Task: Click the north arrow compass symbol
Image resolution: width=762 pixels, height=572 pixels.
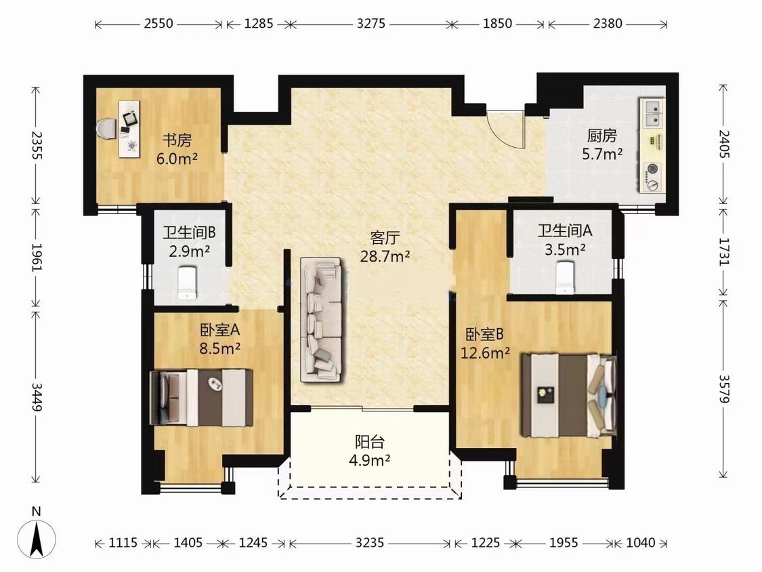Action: [37, 539]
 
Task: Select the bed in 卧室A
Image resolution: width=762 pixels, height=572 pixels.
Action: [201, 397]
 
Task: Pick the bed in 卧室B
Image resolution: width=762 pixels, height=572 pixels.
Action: [568, 395]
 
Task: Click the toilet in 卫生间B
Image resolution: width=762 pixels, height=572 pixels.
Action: [187, 283]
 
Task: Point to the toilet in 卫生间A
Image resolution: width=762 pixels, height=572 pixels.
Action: [565, 278]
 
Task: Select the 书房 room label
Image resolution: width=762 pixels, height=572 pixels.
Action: [177, 140]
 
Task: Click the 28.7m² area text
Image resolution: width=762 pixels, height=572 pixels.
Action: [385, 256]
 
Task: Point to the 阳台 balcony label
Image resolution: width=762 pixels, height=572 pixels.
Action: [370, 442]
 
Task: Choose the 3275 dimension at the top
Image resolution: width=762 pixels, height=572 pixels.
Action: [371, 23]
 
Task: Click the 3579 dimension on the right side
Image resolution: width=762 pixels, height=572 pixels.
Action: [723, 388]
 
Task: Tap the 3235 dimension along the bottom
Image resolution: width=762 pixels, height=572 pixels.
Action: [370, 542]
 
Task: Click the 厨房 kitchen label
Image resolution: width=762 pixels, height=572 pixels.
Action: [602, 136]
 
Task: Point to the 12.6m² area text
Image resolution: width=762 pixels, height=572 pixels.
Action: [486, 352]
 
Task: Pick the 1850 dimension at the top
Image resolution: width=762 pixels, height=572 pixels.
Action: [497, 23]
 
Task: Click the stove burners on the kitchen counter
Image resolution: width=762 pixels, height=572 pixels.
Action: [652, 177]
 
